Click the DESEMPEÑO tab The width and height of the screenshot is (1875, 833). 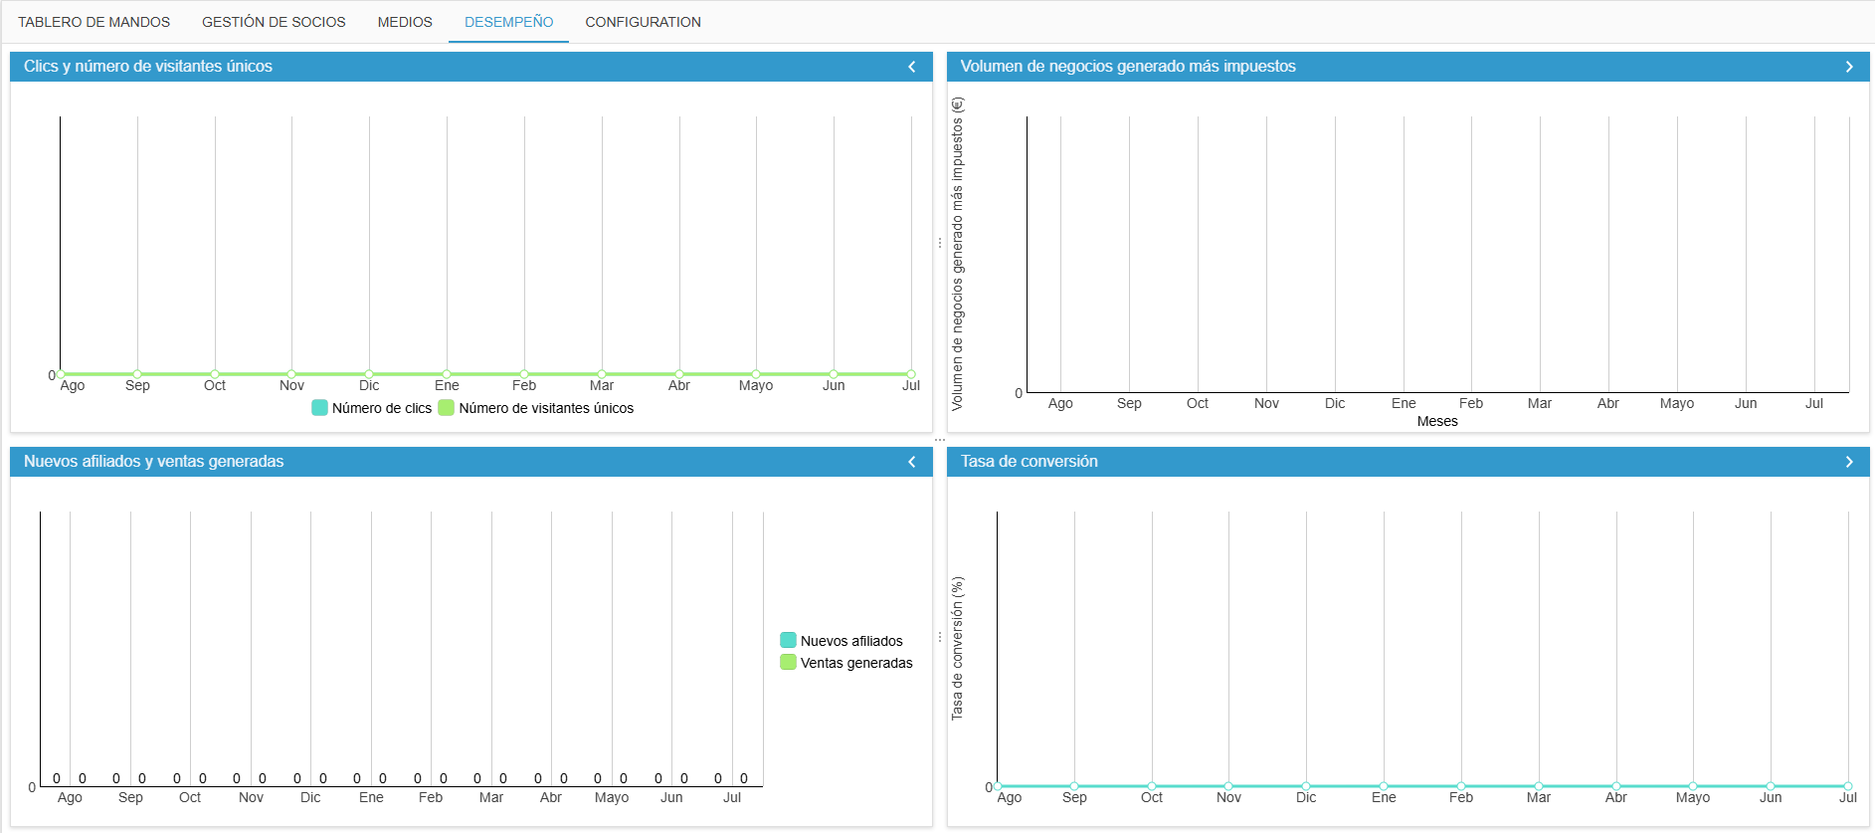(508, 22)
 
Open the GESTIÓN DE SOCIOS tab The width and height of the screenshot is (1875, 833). (274, 22)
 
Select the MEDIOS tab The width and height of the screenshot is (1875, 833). (405, 22)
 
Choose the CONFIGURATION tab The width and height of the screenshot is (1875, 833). (643, 22)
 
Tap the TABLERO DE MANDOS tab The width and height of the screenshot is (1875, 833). (94, 22)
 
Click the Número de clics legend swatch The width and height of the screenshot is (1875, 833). (319, 408)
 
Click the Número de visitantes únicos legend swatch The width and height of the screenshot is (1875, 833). (447, 408)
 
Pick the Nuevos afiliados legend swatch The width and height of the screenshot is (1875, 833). (788, 640)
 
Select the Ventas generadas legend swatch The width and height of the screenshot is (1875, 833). (788, 662)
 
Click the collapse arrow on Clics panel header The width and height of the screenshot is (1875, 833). (912, 67)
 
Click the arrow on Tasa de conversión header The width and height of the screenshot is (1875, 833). (1849, 462)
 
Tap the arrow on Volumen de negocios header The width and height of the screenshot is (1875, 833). (1849, 67)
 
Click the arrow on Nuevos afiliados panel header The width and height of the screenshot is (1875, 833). (912, 462)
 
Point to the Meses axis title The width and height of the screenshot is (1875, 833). (1437, 421)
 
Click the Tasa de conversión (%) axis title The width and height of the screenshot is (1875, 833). (958, 648)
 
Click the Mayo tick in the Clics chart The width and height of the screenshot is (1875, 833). (756, 385)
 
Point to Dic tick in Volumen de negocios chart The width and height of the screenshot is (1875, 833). (1335, 403)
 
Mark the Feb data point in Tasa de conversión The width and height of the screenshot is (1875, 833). (1461, 786)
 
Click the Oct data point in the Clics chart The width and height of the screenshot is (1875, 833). (215, 374)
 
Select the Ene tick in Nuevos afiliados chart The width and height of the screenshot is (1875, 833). (371, 797)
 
